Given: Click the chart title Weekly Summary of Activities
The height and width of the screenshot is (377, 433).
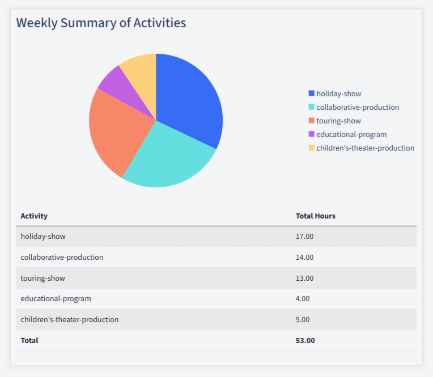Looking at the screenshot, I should click(x=101, y=23).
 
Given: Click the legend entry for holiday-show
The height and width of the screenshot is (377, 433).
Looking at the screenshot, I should click(x=338, y=93).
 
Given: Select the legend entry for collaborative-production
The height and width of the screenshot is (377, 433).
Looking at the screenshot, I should click(x=357, y=107).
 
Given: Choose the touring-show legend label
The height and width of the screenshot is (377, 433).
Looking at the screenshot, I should click(x=338, y=121).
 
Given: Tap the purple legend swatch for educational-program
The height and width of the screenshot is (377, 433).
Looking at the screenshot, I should click(x=311, y=134).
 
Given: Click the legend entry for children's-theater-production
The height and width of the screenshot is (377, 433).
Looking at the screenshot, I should click(x=365, y=148).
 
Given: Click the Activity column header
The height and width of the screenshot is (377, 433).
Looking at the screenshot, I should click(x=34, y=216).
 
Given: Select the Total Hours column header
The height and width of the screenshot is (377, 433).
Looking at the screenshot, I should click(x=316, y=216).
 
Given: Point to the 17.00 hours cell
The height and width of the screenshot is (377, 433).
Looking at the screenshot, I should click(x=304, y=236).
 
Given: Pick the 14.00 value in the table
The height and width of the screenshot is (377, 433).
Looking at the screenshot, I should click(x=304, y=257).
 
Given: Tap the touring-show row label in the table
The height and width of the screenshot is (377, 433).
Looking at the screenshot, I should click(x=43, y=278).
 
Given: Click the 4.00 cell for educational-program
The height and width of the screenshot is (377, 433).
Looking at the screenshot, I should click(x=303, y=298).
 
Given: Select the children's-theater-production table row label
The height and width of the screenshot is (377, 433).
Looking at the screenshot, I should click(x=70, y=319).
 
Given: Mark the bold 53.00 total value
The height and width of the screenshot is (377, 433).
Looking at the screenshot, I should click(x=305, y=340).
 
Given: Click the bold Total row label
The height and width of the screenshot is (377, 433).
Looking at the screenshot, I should click(x=29, y=340).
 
